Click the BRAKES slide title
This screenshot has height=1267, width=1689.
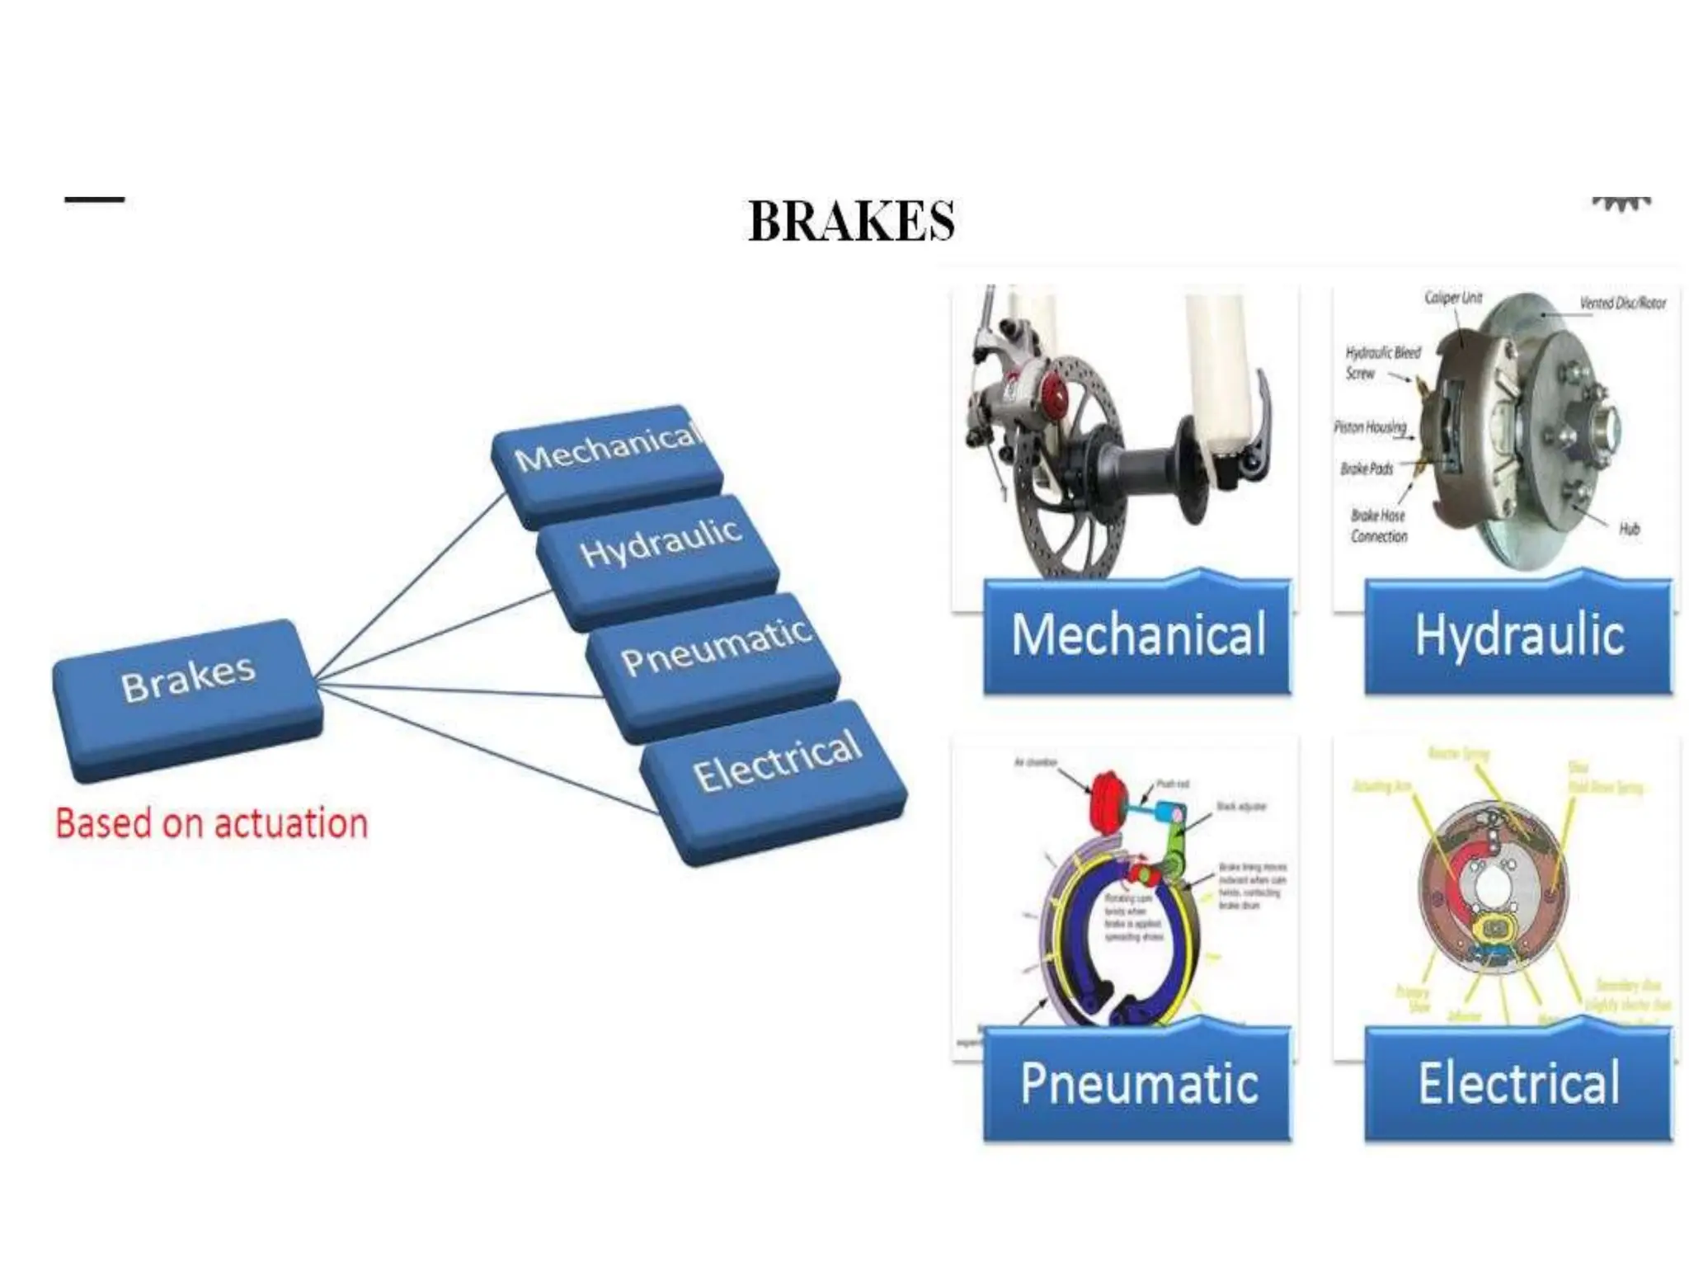pos(851,221)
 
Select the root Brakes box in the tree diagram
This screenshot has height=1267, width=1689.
pos(188,699)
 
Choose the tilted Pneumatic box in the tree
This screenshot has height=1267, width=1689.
pos(714,664)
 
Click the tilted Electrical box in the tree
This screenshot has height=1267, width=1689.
pos(775,780)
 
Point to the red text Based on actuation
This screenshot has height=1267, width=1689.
pos(211,824)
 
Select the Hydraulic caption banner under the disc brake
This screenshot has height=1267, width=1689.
pos(1518,635)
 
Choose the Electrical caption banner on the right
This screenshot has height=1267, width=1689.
pos(1518,1084)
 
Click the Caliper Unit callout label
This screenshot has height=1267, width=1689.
pos(1453,298)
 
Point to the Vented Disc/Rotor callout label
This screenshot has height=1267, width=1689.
pos(1621,304)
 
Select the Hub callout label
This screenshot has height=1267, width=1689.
pos(1629,529)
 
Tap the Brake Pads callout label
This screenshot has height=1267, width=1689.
pos(1367,469)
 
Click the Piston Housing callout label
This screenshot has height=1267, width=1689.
pos(1370,426)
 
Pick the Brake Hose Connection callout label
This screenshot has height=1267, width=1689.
pos(1379,525)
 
